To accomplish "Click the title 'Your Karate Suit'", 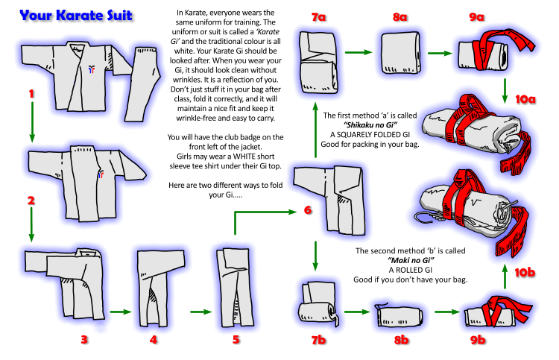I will pyautogui.click(x=76, y=15).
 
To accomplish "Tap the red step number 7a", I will pyautogui.click(x=319, y=17).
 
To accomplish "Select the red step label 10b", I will pyautogui.click(x=525, y=273).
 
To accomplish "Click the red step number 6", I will pyautogui.click(x=307, y=210).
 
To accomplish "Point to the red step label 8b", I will pyautogui.click(x=401, y=341).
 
